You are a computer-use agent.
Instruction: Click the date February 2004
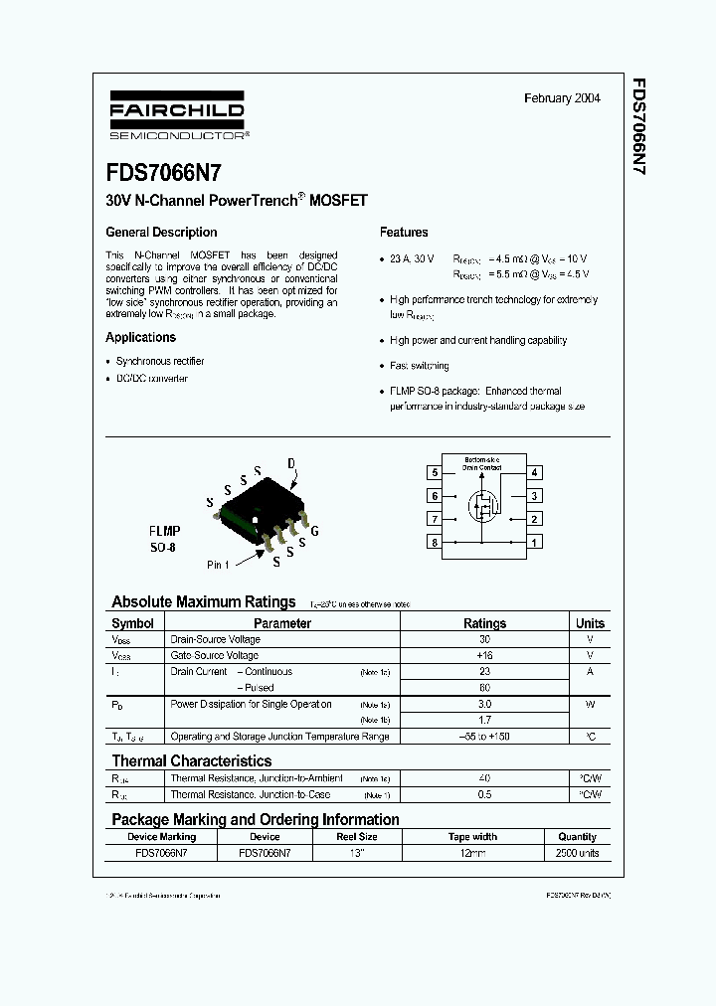562,98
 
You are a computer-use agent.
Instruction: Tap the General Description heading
161,232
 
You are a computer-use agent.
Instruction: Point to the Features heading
404,232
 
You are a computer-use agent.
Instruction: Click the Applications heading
140,337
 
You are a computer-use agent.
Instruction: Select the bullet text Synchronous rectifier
160,361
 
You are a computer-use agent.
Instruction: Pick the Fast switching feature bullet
419,366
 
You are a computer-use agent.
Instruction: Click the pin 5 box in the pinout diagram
435,473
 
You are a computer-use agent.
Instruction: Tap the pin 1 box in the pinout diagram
535,543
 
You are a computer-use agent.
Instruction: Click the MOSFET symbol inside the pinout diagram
484,508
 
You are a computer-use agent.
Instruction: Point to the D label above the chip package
291,464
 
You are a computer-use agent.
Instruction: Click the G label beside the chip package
315,531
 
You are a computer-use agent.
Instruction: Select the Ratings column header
484,623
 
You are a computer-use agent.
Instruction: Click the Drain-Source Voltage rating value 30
484,639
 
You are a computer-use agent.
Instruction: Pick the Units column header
590,623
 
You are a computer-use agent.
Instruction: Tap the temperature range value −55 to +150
484,737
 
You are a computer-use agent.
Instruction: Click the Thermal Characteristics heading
190,760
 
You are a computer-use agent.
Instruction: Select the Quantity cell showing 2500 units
577,853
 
